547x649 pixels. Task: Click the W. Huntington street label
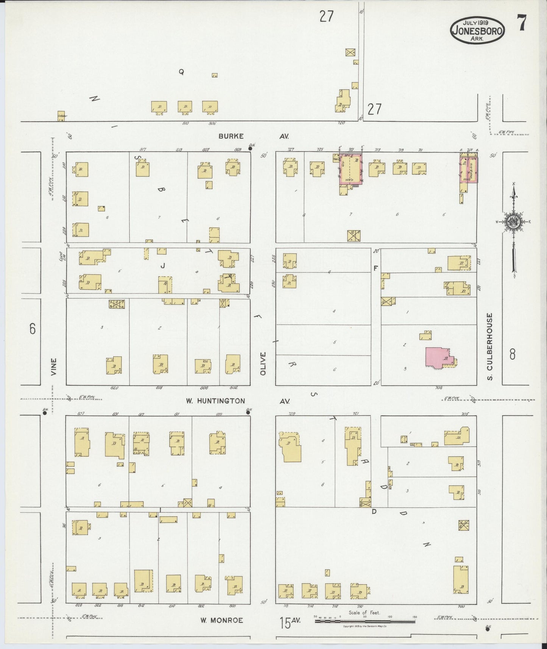click(215, 401)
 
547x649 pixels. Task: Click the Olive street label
click(263, 364)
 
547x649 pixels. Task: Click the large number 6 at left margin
click(33, 329)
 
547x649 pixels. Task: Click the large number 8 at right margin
click(512, 354)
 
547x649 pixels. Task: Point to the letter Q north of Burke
click(181, 72)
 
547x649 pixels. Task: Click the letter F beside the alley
click(376, 268)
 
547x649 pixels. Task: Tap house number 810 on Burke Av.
click(185, 123)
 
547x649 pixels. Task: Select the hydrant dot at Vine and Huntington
click(45, 413)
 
